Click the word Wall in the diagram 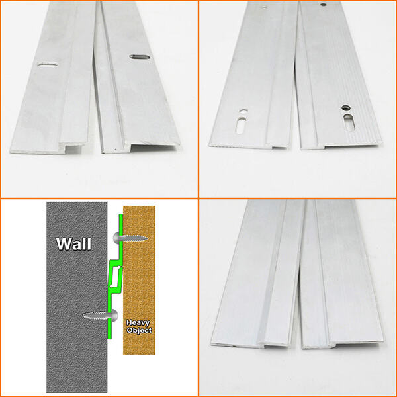(x=73, y=243)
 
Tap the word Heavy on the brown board (x=138, y=323)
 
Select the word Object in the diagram (x=139, y=330)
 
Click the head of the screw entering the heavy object (x=116, y=238)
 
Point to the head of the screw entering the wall (x=114, y=315)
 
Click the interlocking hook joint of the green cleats (x=115, y=277)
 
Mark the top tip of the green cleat (x=121, y=215)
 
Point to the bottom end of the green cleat (x=110, y=337)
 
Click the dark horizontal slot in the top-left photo (x=140, y=57)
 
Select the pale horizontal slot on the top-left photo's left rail (x=48, y=64)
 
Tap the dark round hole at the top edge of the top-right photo (x=323, y=5)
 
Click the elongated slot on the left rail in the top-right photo (x=242, y=125)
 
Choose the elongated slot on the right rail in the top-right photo (x=349, y=122)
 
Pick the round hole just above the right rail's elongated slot (x=345, y=108)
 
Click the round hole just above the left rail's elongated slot (x=243, y=111)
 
